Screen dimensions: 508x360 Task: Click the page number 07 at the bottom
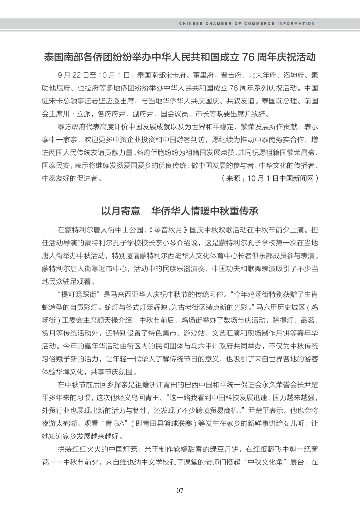pos(180,490)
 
